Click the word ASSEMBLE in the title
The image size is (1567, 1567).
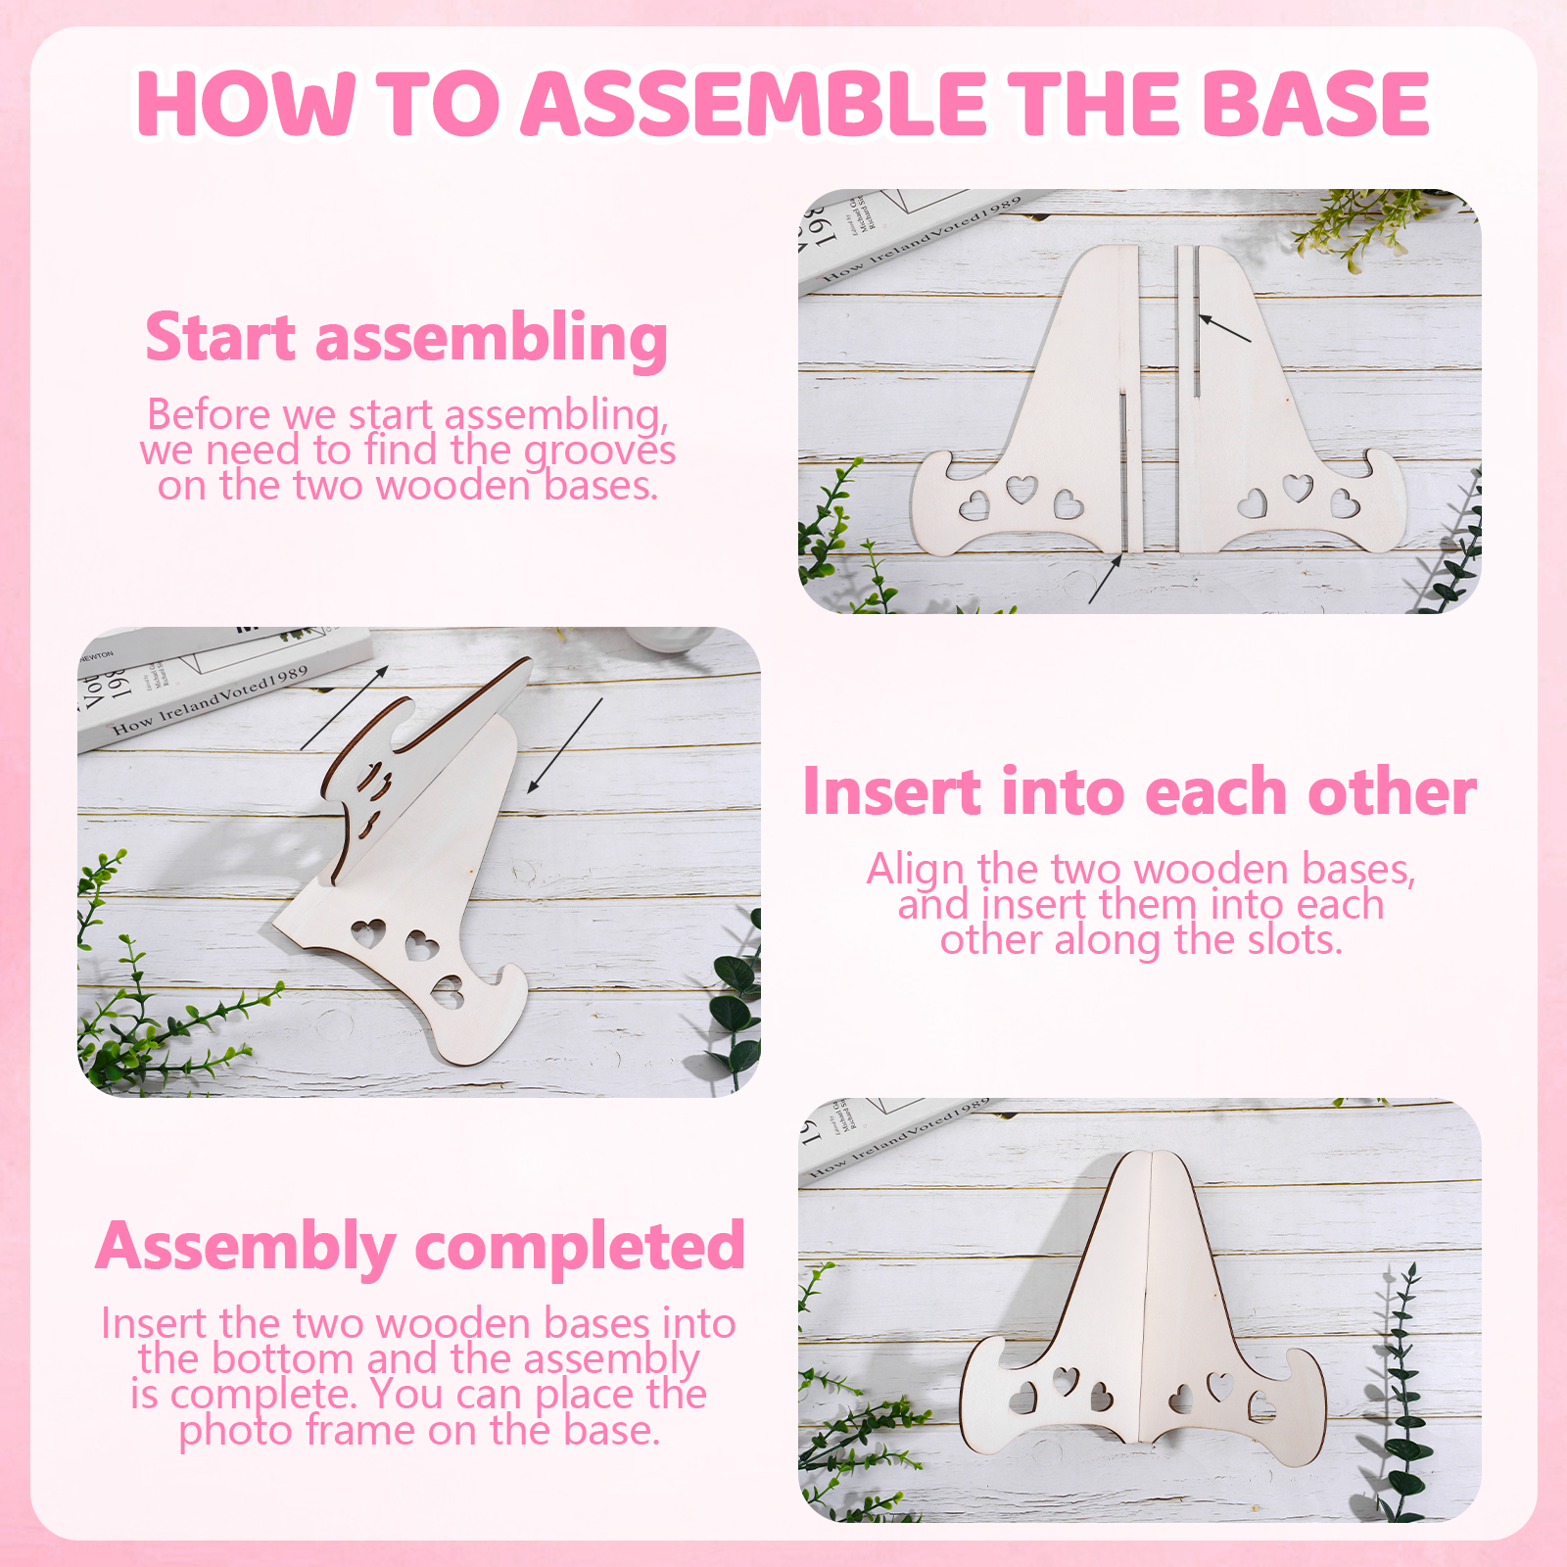[x=754, y=103]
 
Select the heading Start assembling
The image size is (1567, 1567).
[x=406, y=338]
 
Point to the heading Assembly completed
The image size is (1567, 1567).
[x=420, y=1247]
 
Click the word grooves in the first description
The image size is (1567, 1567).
[x=599, y=451]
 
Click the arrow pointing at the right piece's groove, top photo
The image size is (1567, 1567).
[x=1225, y=328]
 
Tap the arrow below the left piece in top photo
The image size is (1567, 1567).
[x=1105, y=579]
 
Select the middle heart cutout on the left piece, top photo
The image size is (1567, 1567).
[x=1021, y=488]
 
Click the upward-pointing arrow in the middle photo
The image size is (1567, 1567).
[x=345, y=707]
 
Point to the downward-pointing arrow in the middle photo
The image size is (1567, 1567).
[x=565, y=745]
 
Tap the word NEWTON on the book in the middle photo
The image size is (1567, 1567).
[x=96, y=655]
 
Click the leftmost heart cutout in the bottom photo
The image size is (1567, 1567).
[x=1023, y=1398]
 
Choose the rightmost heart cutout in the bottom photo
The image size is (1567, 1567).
[x=1261, y=1406]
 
